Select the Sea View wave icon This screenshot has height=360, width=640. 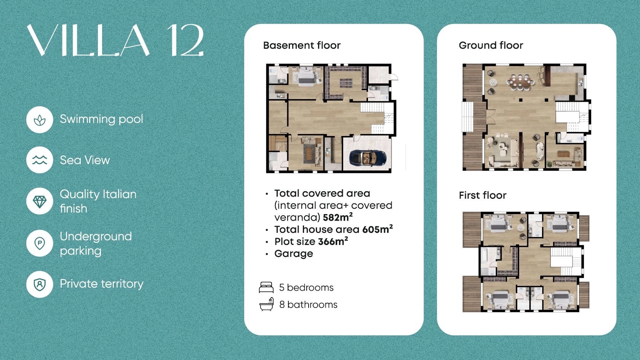coord(40,160)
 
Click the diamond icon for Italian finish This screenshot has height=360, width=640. coord(40,202)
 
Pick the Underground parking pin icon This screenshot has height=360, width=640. coord(40,243)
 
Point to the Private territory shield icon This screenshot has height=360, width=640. coord(40,285)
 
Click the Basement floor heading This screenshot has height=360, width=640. coord(302,45)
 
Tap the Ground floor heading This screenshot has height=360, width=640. coord(491,45)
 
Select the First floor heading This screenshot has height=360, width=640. coord(483,195)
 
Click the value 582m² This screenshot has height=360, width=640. coord(338,217)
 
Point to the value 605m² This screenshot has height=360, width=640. coord(378,229)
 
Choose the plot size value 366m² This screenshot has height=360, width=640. coord(333,241)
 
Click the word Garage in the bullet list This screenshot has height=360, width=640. coord(294,254)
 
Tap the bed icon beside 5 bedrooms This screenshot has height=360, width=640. coord(266,287)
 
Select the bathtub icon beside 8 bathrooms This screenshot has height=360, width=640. coord(267,304)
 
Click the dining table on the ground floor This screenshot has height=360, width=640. coord(520,82)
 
